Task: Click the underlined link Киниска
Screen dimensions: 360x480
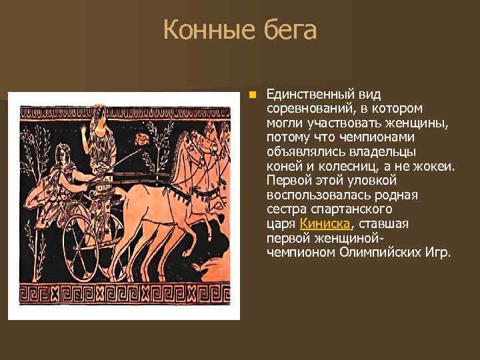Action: (325, 223)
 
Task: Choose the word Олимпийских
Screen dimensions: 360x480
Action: (375, 253)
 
